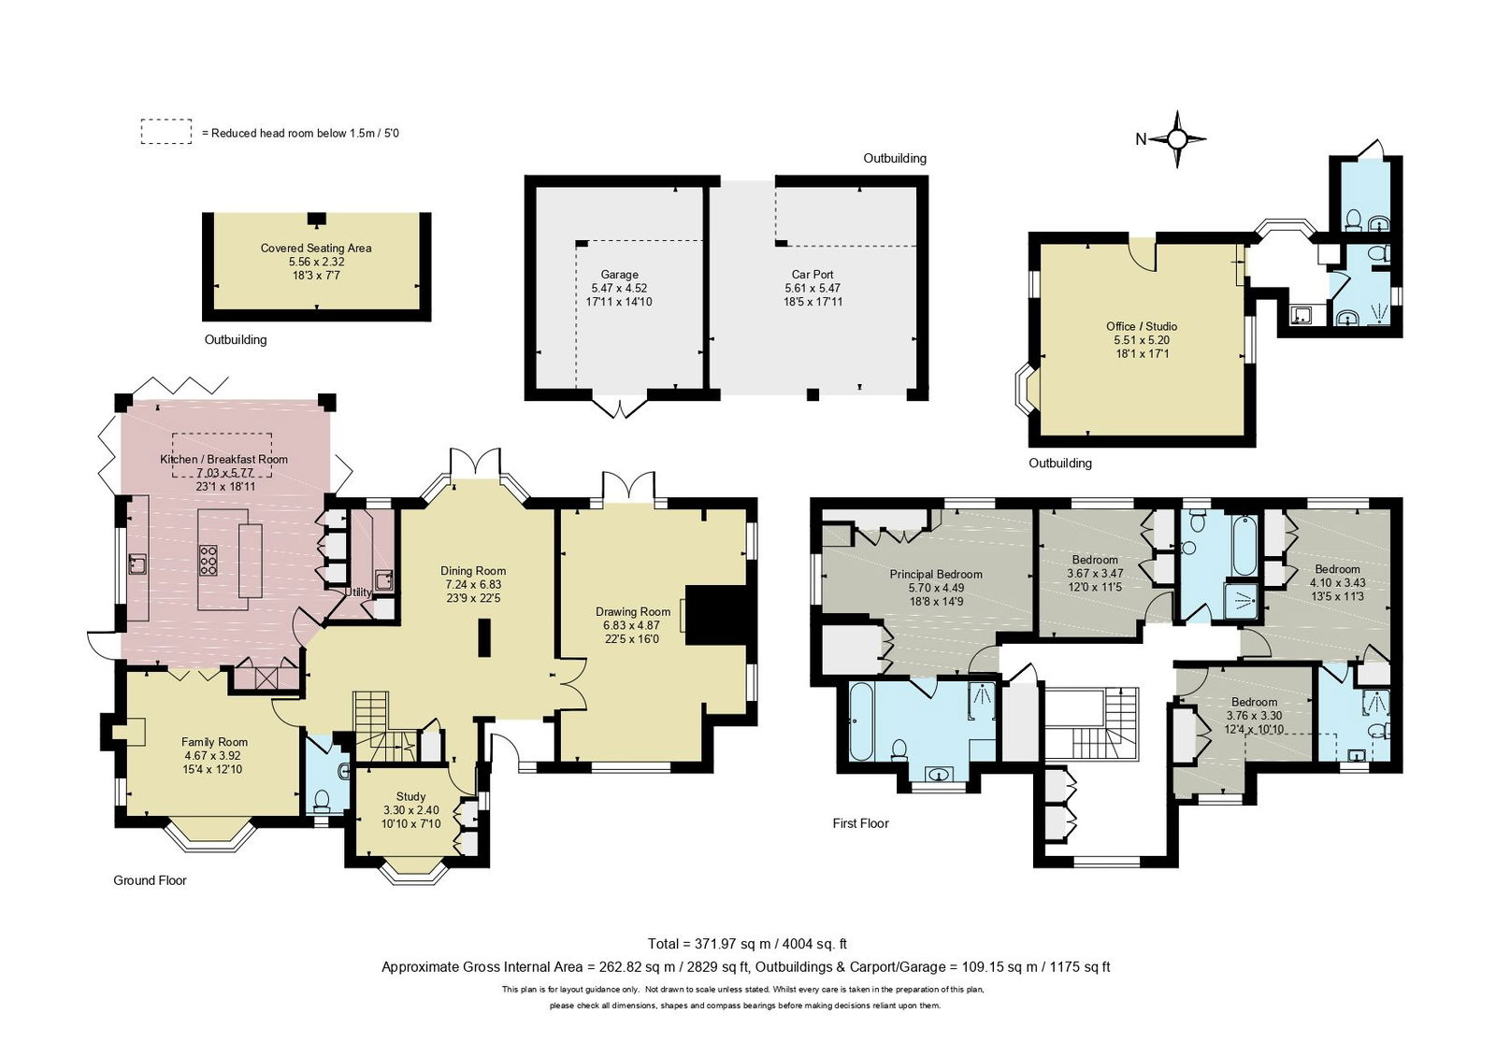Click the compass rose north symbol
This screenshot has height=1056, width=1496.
[x=1177, y=139]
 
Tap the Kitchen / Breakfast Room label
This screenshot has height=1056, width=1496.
[x=223, y=459]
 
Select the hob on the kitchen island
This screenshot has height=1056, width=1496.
[x=208, y=560]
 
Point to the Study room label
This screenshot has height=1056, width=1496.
[x=410, y=796]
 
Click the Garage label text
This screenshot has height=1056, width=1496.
[x=619, y=275]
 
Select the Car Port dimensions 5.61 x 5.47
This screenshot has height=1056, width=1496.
[x=812, y=289]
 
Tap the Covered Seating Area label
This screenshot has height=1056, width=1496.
[x=316, y=248]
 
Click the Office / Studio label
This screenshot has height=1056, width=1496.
[x=1142, y=326]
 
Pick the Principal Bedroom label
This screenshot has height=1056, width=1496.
[x=935, y=575]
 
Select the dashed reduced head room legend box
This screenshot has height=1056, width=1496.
[x=166, y=132]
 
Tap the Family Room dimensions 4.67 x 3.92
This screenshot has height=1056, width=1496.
[x=214, y=756]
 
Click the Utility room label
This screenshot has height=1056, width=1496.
[x=358, y=592]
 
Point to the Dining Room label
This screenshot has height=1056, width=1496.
[x=473, y=571]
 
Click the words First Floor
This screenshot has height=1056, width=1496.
[x=860, y=823]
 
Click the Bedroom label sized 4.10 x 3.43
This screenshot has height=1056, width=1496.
[x=1337, y=569]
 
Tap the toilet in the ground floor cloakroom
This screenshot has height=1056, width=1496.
[x=322, y=800]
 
